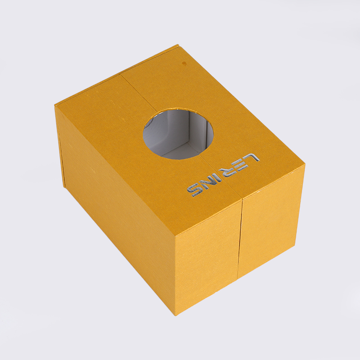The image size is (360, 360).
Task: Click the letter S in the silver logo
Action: tap(195, 191)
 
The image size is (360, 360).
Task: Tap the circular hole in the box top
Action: tap(178, 133)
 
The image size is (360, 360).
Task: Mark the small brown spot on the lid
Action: tap(184, 63)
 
